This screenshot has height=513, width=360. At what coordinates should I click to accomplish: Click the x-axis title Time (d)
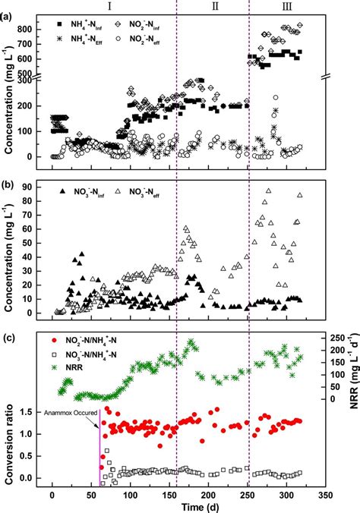[176, 504]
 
